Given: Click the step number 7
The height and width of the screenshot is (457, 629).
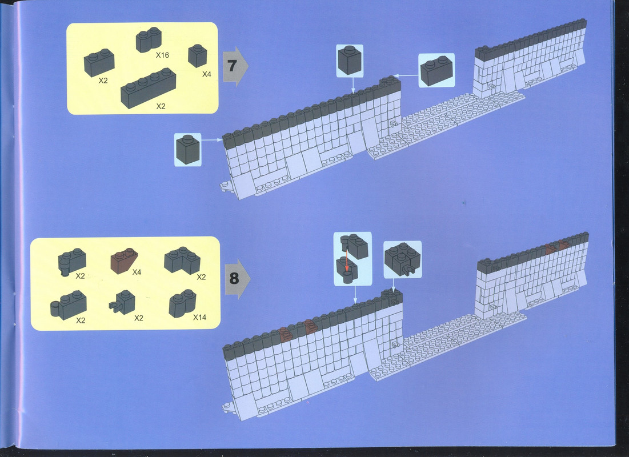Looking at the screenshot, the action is click(231, 65).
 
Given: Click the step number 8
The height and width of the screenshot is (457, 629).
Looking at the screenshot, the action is click(234, 278).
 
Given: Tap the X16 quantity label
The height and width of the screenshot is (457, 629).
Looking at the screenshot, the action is click(162, 55).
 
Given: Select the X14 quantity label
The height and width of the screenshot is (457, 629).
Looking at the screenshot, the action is click(199, 317).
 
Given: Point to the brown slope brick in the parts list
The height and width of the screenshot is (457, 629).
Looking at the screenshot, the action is click(124, 260).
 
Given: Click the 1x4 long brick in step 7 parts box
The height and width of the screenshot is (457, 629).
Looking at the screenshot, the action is click(148, 88).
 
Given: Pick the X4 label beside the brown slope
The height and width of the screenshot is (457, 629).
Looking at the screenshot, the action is click(137, 272).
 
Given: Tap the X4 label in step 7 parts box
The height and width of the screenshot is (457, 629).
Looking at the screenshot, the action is click(207, 74).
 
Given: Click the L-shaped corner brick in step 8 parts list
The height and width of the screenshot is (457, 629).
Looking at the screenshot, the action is click(182, 260).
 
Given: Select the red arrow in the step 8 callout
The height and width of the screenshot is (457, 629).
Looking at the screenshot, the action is click(347, 258).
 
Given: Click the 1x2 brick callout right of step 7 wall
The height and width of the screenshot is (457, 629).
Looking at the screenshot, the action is click(436, 71).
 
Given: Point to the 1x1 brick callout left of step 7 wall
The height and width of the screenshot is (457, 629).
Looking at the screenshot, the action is click(188, 149).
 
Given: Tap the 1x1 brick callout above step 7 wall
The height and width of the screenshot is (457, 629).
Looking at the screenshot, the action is click(350, 60).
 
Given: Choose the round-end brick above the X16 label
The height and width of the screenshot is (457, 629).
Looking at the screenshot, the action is click(149, 39).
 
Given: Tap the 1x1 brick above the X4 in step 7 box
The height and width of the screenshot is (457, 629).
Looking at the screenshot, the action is click(197, 56).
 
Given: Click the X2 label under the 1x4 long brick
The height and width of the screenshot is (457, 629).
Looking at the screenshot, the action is click(161, 106).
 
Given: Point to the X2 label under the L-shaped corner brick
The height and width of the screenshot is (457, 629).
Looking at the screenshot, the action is click(201, 277).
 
